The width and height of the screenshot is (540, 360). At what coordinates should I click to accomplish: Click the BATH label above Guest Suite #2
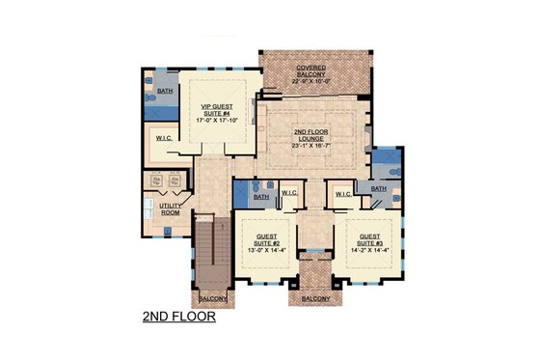pos(260,198)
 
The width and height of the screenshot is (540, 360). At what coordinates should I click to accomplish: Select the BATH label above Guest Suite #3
pos(378,189)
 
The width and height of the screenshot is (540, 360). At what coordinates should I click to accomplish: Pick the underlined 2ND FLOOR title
pos(177,315)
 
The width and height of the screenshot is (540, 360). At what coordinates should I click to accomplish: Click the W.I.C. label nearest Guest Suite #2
pos(289,193)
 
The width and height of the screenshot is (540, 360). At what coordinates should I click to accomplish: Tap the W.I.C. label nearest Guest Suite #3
pos(342,193)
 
